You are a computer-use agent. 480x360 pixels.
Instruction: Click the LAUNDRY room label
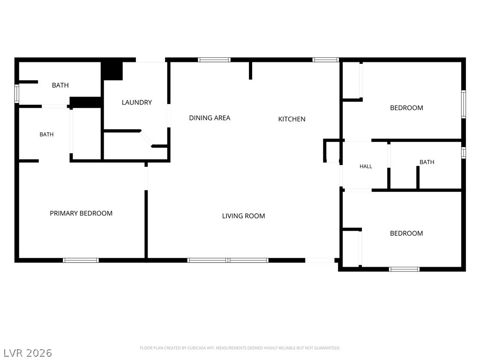137,102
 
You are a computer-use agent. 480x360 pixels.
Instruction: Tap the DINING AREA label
210,118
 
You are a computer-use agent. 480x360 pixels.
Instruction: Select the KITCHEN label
292,119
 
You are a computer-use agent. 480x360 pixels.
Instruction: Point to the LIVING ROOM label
243,216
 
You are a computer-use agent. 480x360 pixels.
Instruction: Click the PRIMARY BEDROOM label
81,213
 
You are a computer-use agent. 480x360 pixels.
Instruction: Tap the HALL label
366,166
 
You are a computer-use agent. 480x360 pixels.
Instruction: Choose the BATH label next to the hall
427,162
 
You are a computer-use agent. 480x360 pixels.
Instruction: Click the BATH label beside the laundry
60,85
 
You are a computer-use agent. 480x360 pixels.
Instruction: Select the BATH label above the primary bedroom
46,135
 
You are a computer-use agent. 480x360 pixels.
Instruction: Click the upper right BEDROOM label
406,108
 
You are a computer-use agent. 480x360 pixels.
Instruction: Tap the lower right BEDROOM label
406,233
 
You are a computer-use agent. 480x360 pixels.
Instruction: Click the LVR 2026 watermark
28,353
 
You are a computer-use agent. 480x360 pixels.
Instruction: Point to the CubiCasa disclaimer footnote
240,348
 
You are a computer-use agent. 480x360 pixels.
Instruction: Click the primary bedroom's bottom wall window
81,260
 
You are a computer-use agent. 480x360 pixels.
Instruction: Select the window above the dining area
214,60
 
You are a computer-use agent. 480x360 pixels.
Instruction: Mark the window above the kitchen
325,60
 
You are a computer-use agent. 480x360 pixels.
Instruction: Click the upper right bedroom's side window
464,104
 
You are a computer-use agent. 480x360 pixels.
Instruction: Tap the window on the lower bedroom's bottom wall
404,270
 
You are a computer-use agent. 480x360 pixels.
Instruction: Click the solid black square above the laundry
112,71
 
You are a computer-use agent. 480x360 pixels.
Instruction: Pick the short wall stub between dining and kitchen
250,70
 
